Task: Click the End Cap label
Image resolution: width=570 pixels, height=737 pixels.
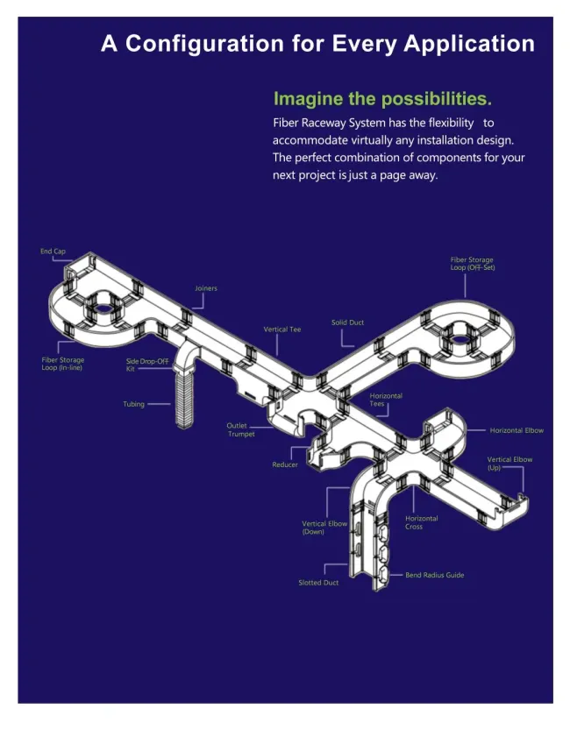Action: [53, 252]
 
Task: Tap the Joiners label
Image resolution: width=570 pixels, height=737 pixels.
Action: [206, 288]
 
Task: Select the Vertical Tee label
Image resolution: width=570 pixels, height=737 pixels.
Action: [282, 330]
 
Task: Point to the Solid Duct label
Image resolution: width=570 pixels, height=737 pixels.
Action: [347, 322]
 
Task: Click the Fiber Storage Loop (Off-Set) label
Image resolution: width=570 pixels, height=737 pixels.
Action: [473, 264]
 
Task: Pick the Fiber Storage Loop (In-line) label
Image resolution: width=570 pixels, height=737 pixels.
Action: [63, 364]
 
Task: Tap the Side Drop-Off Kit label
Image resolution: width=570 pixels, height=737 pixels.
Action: [147, 365]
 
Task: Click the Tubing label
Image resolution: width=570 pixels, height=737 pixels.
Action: [133, 404]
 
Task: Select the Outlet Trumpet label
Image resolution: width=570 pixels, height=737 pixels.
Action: [241, 429]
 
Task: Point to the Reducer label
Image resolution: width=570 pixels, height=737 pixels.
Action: [285, 464]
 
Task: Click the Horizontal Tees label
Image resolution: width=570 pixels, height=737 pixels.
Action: [386, 400]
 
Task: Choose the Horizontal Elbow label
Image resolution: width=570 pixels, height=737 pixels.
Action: [517, 430]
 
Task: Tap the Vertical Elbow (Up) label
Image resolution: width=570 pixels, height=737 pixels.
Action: [509, 464]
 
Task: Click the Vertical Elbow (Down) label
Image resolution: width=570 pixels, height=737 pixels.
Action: [324, 528]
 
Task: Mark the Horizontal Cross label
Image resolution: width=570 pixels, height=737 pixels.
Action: [422, 522]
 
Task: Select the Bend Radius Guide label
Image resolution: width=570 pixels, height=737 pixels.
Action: [435, 575]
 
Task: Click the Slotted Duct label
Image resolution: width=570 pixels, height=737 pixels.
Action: [318, 583]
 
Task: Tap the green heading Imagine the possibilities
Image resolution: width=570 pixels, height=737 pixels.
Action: [382, 99]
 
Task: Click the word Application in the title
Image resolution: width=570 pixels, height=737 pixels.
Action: [469, 44]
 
